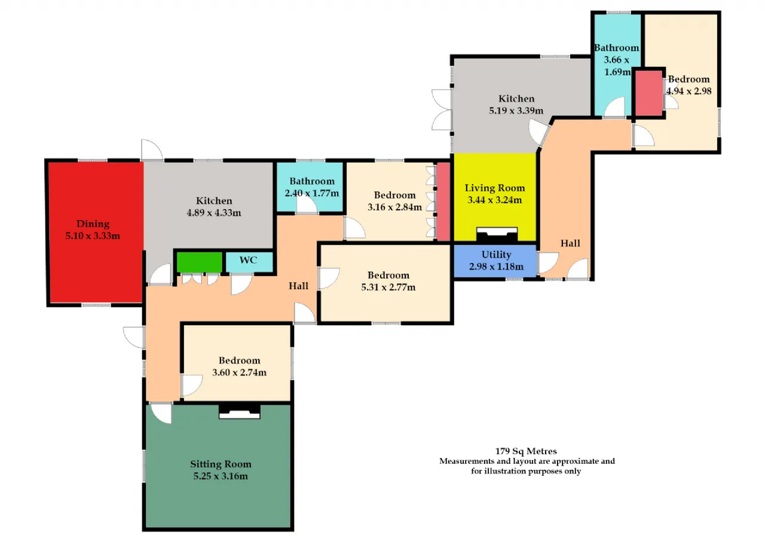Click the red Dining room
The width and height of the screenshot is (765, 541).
click(x=95, y=233)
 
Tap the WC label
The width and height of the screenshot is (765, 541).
click(x=248, y=260)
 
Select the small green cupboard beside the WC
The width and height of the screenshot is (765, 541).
click(x=200, y=262)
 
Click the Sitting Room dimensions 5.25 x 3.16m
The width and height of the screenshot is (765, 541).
click(x=221, y=476)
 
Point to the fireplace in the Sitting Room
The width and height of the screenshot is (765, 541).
click(x=240, y=411)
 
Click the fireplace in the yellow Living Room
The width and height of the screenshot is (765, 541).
click(x=497, y=235)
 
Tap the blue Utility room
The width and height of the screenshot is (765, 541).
click(x=495, y=261)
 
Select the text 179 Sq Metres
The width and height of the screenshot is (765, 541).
click(x=526, y=451)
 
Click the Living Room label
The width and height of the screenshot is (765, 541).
click(x=495, y=188)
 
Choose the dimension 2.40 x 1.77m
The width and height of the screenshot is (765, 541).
click(x=312, y=193)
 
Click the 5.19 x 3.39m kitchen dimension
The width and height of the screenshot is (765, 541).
click(x=516, y=111)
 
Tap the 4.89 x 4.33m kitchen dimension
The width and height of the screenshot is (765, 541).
click(x=214, y=213)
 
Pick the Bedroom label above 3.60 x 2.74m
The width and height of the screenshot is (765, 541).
click(x=240, y=360)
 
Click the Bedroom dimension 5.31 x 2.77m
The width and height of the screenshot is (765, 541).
click(x=388, y=287)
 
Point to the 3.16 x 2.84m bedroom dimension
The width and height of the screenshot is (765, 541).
click(x=395, y=207)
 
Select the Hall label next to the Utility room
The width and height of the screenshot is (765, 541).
click(x=570, y=243)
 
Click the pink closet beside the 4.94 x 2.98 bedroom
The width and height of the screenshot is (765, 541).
click(x=649, y=93)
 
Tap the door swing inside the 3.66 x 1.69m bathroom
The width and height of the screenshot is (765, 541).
click(x=615, y=106)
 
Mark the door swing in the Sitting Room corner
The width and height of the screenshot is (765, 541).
click(x=161, y=414)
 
